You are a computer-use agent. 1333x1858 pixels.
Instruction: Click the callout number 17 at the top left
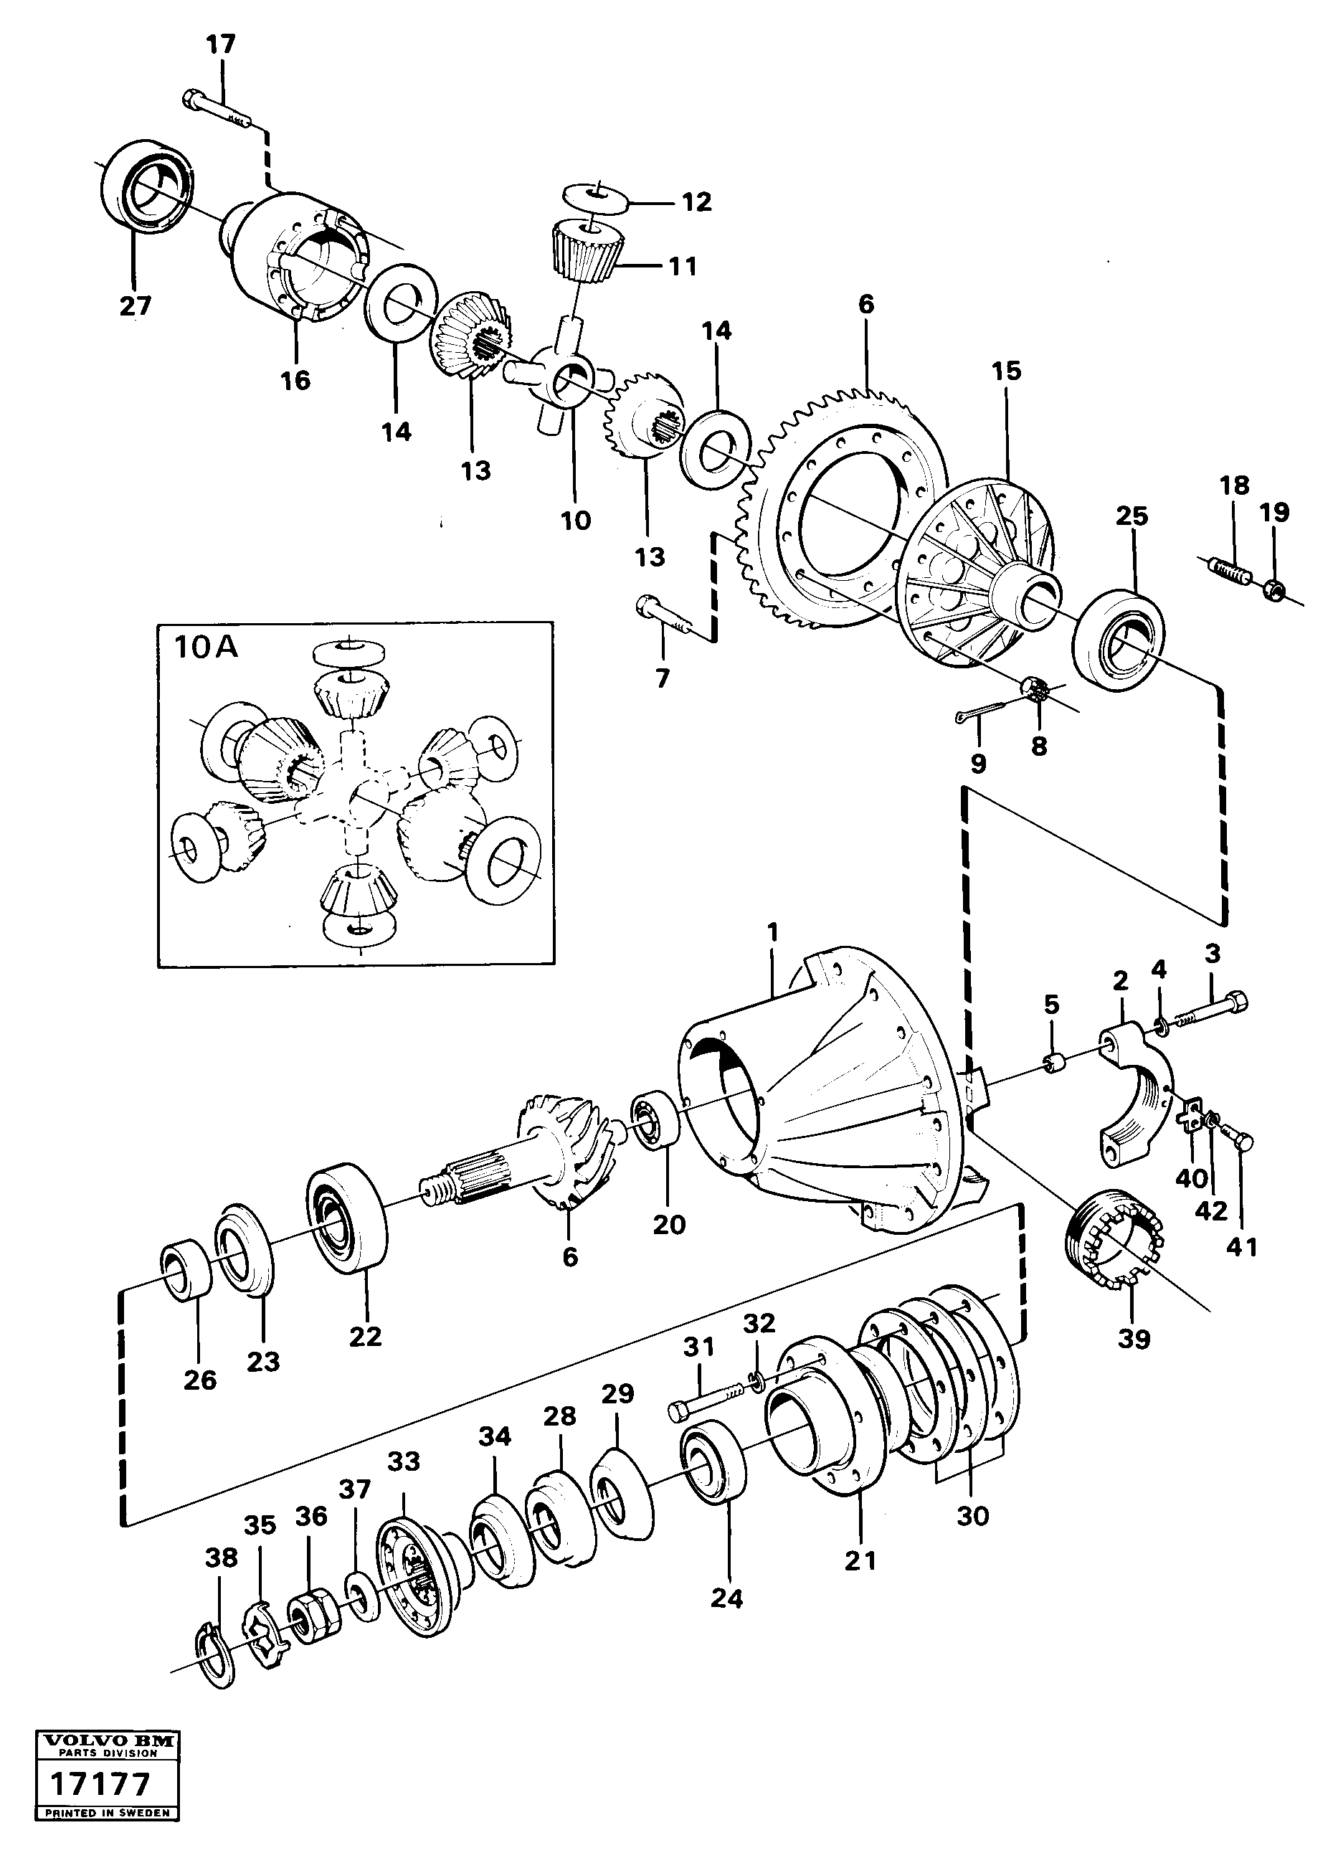click(x=219, y=44)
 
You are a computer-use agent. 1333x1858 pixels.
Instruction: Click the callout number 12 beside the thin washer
click(x=696, y=202)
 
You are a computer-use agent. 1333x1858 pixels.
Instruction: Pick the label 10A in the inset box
click(x=205, y=648)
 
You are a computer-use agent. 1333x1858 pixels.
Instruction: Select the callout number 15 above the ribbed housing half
click(x=1006, y=371)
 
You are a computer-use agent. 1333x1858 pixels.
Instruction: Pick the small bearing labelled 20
click(x=655, y=1122)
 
